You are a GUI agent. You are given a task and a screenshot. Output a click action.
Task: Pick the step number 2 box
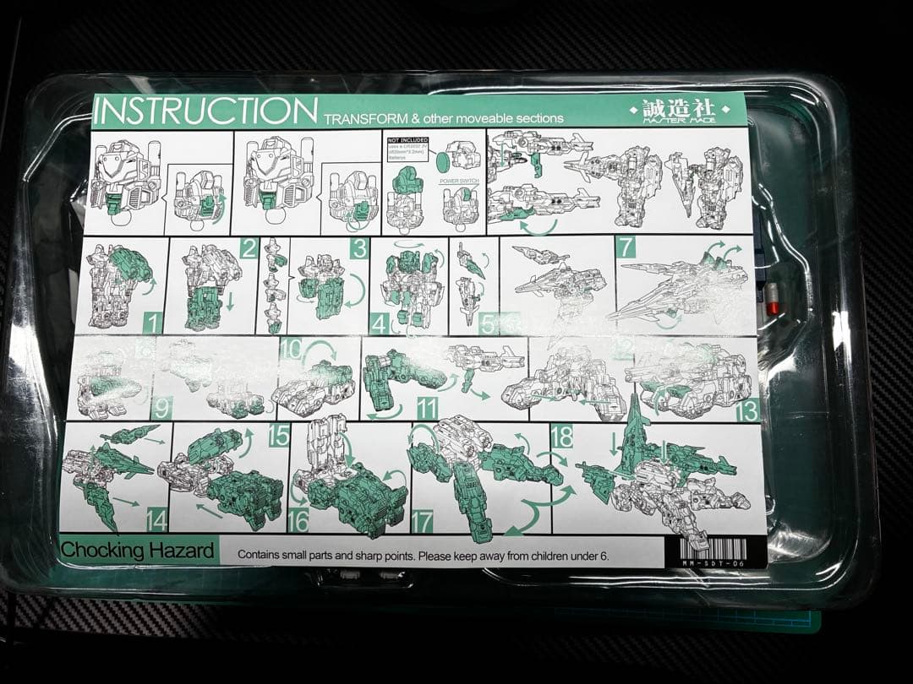point(248,248)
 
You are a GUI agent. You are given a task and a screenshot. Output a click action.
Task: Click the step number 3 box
point(360,248)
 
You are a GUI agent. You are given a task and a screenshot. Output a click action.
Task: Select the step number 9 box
point(161,409)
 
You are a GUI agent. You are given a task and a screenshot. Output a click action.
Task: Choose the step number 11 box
point(427,409)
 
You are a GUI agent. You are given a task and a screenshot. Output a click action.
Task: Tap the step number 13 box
point(747,410)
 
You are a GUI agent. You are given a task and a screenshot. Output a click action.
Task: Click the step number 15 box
point(279,435)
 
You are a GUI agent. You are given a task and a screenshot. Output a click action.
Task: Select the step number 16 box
point(298,521)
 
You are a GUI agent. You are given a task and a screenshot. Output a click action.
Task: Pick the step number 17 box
point(422,522)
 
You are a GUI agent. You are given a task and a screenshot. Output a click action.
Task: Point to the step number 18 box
point(562,436)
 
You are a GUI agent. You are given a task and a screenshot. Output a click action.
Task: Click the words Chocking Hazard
point(137,551)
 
